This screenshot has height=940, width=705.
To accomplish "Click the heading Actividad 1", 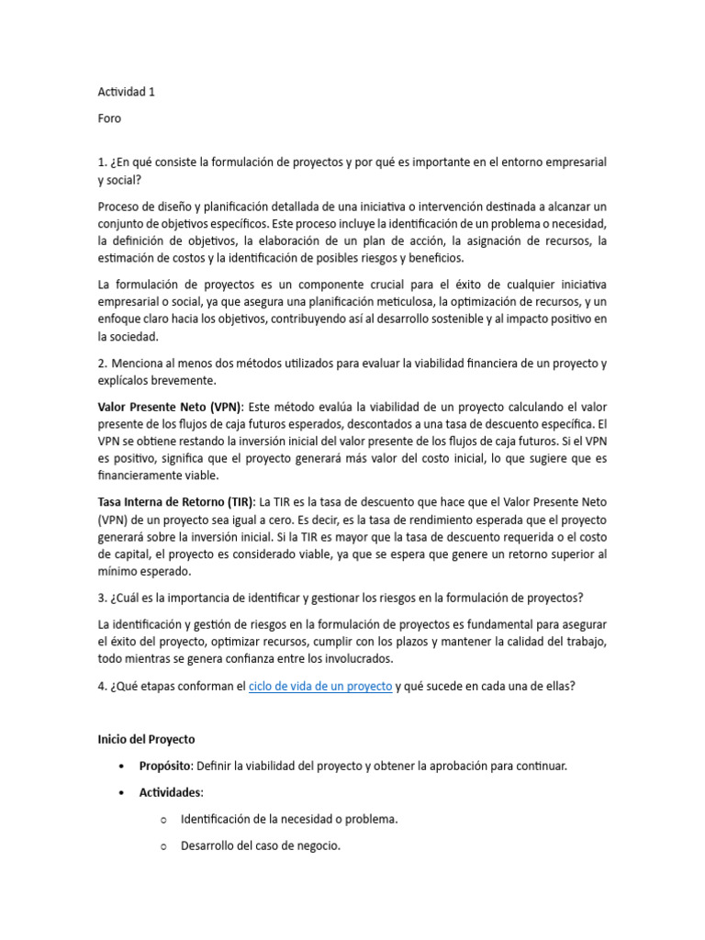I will point(132,92).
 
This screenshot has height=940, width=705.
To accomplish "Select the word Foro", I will point(109,118).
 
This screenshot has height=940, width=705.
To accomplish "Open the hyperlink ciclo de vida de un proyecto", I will point(320,686).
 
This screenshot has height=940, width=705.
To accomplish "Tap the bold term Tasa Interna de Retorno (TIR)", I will point(177,502).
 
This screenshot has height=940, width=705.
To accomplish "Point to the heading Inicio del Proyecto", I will point(146,739).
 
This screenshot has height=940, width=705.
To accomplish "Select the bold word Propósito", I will point(168,766).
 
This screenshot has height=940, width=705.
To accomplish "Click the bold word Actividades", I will point(171,792).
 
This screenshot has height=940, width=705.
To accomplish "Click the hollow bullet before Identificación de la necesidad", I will point(162,820).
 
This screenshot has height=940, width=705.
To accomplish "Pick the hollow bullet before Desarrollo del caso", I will point(162,846).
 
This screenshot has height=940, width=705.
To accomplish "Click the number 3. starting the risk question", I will point(103,598).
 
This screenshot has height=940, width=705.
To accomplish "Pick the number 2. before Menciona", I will point(103,364).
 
